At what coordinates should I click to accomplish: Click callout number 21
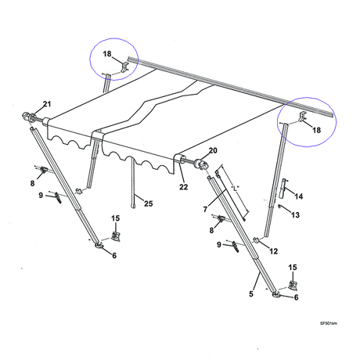tap(47, 104)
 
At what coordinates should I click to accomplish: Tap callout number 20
tap(213, 150)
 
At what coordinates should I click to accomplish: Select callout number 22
tap(184, 187)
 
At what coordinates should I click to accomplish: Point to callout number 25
tap(149, 203)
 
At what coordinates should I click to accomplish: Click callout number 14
tap(299, 196)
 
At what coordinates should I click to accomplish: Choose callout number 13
tap(295, 215)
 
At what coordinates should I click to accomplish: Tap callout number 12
tap(274, 251)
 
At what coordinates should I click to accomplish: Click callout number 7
tap(205, 209)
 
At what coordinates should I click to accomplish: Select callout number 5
tap(251, 294)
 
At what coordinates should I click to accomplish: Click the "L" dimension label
tap(235, 188)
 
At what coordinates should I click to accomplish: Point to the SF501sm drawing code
tap(329, 323)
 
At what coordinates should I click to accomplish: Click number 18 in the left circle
tap(107, 54)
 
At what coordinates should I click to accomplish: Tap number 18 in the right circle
tap(317, 130)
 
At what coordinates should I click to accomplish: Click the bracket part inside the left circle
tap(124, 67)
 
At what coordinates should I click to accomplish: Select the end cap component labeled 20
tap(203, 165)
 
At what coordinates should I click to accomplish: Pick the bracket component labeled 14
tap(283, 188)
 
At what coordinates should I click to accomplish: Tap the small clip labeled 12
tap(256, 240)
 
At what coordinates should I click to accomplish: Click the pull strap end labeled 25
tap(133, 206)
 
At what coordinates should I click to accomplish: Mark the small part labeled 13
tap(279, 207)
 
